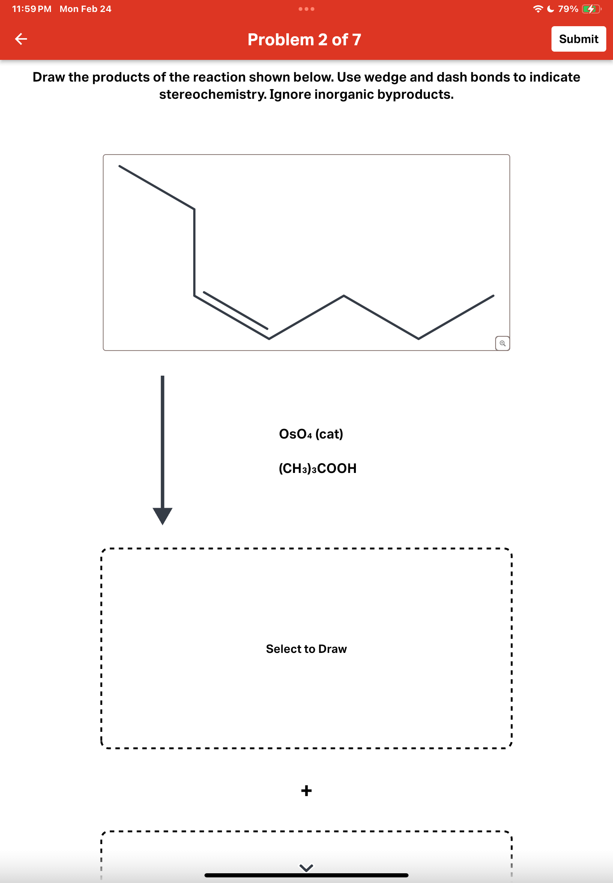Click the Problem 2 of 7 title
click(304, 40)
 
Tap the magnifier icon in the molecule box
click(502, 343)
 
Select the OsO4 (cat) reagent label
click(311, 434)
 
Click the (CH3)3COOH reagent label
click(317, 468)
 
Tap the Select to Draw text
click(306, 648)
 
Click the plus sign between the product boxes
click(306, 791)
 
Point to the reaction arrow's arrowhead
click(163, 516)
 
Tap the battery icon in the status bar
click(591, 9)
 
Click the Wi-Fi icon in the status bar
click(538, 9)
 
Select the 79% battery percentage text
click(568, 9)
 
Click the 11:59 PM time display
click(32, 9)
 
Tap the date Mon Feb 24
click(85, 9)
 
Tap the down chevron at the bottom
click(306, 868)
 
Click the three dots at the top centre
click(306, 9)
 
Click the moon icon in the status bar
click(551, 9)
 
